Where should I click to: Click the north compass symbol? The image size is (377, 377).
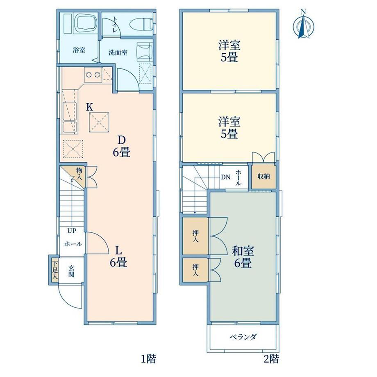(304, 24)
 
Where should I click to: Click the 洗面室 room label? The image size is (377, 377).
(118, 52)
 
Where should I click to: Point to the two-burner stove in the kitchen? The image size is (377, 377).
(93, 75)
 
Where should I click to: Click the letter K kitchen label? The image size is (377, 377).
(90, 107)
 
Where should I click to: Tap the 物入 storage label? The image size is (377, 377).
(79, 174)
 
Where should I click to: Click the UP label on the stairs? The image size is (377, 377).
(72, 231)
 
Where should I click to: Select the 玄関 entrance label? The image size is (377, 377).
(71, 271)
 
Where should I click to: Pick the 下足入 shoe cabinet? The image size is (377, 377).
(55, 270)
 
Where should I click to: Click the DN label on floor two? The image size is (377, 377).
(225, 177)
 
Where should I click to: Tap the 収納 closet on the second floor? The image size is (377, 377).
(264, 177)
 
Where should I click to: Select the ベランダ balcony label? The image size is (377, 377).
(243, 337)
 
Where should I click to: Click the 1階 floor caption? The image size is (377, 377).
(148, 359)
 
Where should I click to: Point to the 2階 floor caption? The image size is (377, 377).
(271, 359)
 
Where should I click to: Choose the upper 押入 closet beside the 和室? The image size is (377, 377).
(195, 236)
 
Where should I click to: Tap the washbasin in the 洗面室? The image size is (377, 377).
(145, 50)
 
